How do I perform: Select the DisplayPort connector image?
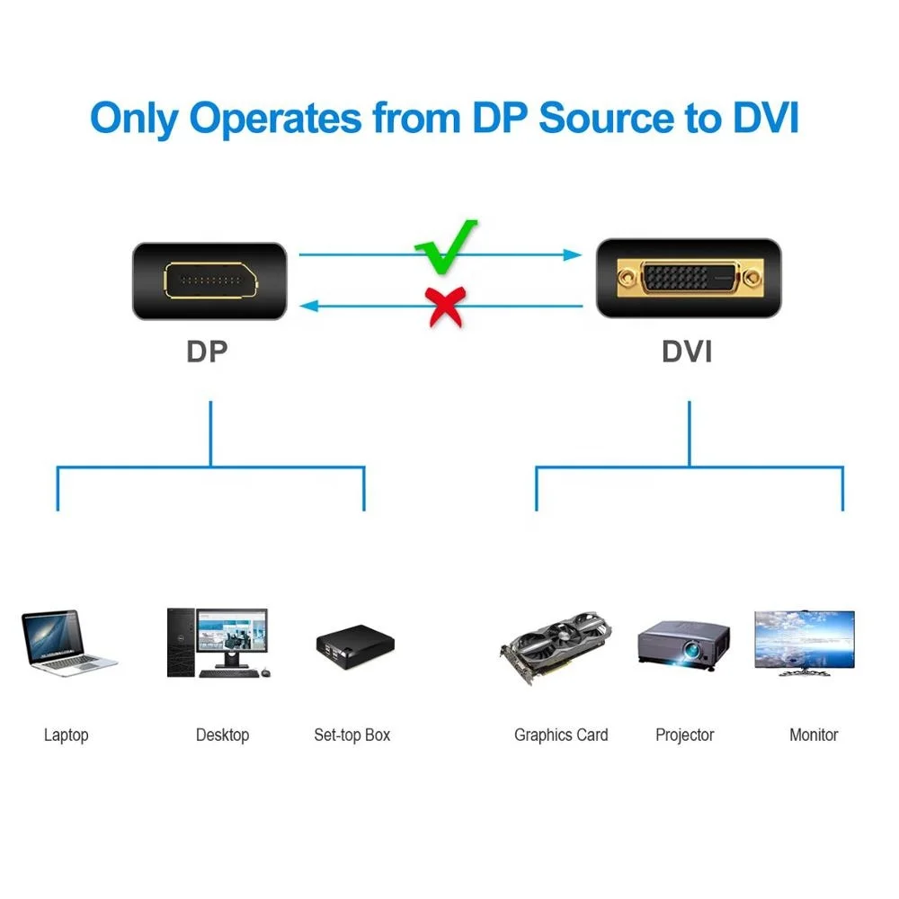210,280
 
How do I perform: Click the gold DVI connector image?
687,279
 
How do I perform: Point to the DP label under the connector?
208,352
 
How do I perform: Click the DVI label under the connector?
687,352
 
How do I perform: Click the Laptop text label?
67,735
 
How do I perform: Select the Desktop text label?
222,735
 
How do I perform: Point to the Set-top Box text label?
352,735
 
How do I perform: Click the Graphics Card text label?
561,735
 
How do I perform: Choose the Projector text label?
684,735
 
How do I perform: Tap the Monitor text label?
814,735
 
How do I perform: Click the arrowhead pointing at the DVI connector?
574,255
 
